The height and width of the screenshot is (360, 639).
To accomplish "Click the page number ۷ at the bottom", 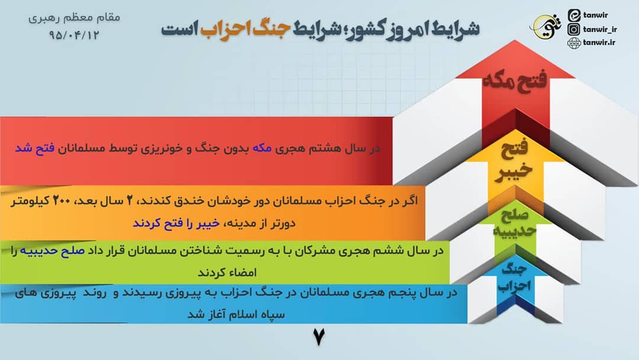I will click(319, 337).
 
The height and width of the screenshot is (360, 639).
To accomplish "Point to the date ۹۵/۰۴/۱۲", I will click(75, 35).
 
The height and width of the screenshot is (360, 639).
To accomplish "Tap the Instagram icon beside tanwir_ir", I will click(573, 29).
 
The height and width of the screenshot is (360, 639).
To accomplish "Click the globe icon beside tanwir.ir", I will click(573, 43).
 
